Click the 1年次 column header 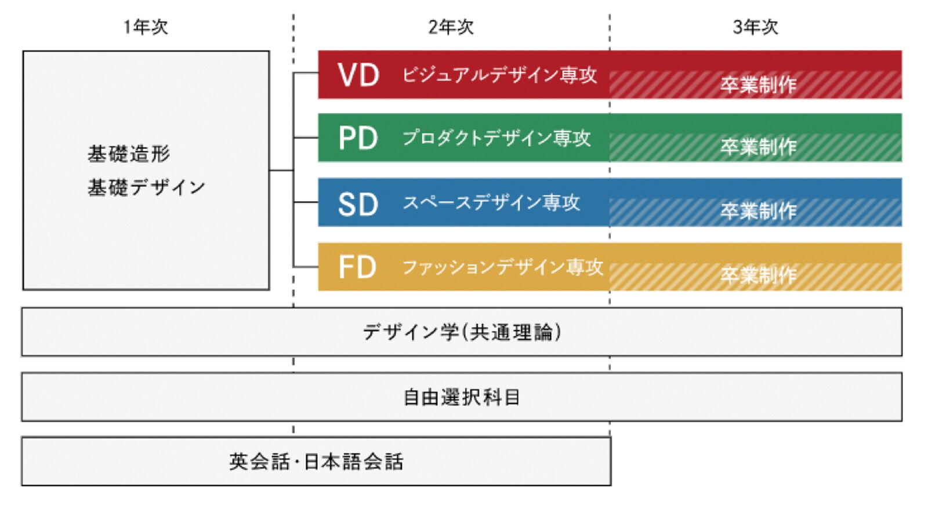click(x=146, y=27)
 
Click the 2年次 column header click(x=451, y=27)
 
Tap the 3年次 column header click(x=755, y=27)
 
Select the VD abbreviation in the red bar click(x=358, y=75)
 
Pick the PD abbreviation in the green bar click(x=358, y=139)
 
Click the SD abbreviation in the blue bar click(x=358, y=204)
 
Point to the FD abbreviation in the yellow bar click(x=357, y=267)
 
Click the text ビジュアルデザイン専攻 click(x=499, y=75)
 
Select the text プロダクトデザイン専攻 click(x=496, y=138)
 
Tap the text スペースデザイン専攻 click(x=491, y=202)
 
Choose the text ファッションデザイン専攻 click(x=502, y=267)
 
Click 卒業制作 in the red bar click(x=759, y=85)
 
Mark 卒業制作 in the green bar click(x=759, y=147)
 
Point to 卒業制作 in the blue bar click(x=759, y=211)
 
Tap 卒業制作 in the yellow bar click(x=759, y=274)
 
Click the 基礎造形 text click(x=129, y=154)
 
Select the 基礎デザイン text click(x=146, y=187)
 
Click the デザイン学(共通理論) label click(x=462, y=332)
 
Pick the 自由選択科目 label click(x=462, y=397)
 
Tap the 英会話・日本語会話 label click(x=316, y=462)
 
